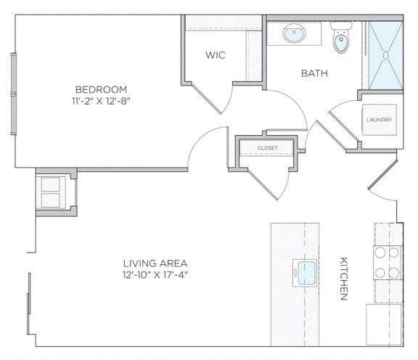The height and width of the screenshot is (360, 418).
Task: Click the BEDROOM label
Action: [x=101, y=89]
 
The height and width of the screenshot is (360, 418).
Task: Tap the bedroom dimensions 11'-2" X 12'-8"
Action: [x=101, y=102]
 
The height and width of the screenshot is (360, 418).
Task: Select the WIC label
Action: [x=215, y=55]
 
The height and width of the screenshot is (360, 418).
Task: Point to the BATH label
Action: [x=314, y=73]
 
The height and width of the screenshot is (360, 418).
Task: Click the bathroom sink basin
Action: [x=294, y=33]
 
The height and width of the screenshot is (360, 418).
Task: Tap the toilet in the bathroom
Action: [x=341, y=37]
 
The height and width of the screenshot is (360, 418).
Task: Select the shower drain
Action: [x=386, y=55]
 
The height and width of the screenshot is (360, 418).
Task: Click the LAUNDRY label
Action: [x=379, y=120]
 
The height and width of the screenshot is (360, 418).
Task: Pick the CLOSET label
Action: [x=268, y=148]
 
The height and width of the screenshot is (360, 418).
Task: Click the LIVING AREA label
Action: [x=155, y=263]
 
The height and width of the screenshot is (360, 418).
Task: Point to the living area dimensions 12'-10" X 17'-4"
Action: [x=156, y=275]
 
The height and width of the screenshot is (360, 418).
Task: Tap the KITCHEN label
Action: [x=344, y=279]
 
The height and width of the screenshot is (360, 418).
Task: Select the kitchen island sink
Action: [x=305, y=273]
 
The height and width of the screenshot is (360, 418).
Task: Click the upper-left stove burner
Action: [x=380, y=253]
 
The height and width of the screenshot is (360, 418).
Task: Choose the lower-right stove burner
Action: [x=394, y=273]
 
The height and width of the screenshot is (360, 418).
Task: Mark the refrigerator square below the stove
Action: [x=384, y=324]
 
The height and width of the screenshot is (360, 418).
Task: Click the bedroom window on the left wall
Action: [x=13, y=94]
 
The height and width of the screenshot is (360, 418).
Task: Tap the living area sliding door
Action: [x=28, y=303]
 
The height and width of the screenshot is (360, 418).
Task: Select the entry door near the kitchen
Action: [x=383, y=175]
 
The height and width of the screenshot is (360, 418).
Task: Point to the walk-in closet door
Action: [x=206, y=98]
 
